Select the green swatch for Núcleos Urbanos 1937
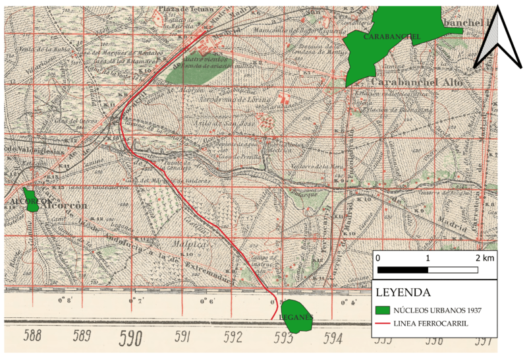[383, 309]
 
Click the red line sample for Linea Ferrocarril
[383, 323]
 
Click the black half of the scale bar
[402, 270]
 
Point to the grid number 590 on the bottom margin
[131, 338]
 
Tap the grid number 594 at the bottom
[333, 338]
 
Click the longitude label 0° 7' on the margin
[136, 301]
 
